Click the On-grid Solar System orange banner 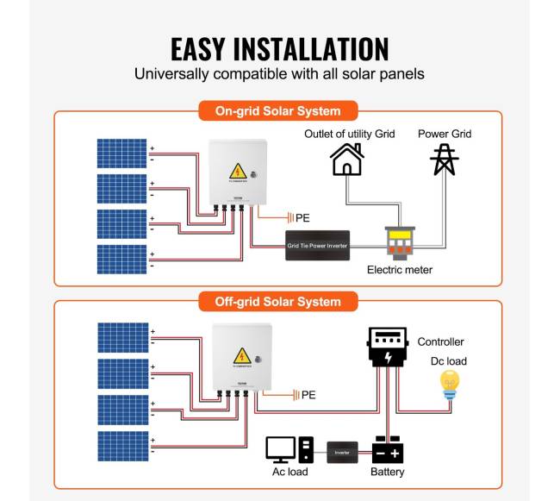pyautogui.click(x=277, y=111)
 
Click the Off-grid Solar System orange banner pyautogui.click(x=277, y=301)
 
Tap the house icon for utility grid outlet pyautogui.click(x=346, y=160)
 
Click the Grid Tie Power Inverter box pyautogui.click(x=317, y=245)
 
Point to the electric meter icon pyautogui.click(x=399, y=242)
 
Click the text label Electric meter pyautogui.click(x=400, y=270)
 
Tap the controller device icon pyautogui.click(x=388, y=347)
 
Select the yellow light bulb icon pyautogui.click(x=449, y=385)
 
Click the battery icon pyautogui.click(x=388, y=450)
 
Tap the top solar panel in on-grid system pyautogui.click(x=121, y=153)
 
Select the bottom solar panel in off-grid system pyautogui.click(x=121, y=446)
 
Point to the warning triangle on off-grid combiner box pyautogui.click(x=241, y=355)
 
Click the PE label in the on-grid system pyautogui.click(x=302, y=218)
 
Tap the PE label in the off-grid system pyautogui.click(x=308, y=395)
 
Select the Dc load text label pyautogui.click(x=449, y=360)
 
